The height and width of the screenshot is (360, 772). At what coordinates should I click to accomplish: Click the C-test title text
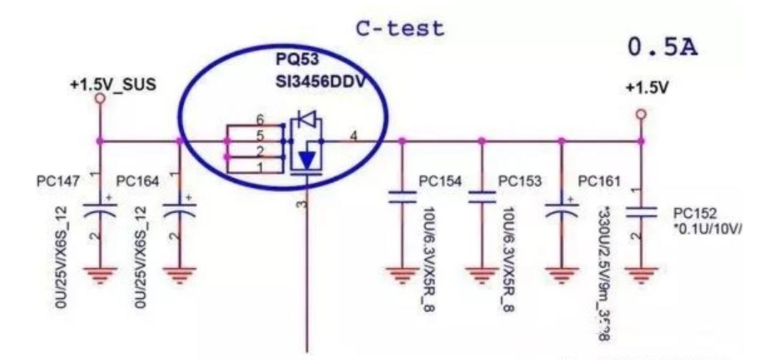400,29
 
